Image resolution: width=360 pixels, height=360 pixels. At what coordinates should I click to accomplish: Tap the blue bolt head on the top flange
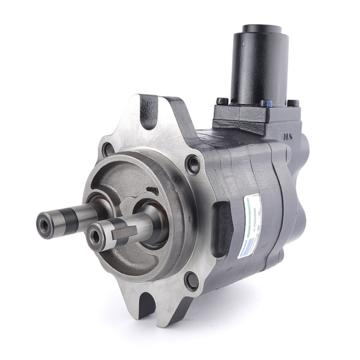point(266,104)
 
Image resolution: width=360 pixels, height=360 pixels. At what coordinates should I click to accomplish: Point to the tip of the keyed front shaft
point(95,237)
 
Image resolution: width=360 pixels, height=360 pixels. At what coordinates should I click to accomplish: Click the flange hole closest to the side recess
point(193,163)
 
